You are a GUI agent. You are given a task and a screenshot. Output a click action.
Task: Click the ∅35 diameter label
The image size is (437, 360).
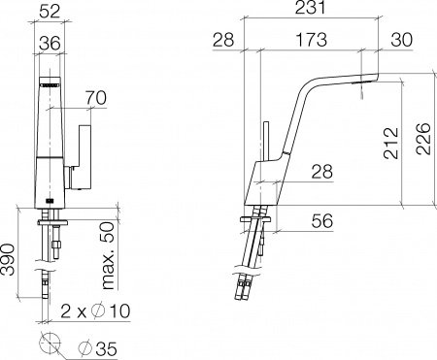99,345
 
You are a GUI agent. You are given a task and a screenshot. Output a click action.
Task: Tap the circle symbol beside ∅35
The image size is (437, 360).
49,344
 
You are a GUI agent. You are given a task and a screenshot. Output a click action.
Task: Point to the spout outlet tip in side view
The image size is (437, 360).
362,88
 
